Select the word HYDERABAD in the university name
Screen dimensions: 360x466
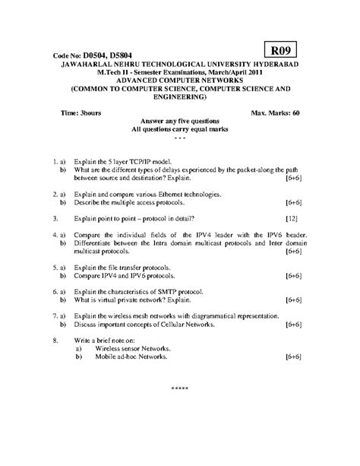click(x=277, y=66)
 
